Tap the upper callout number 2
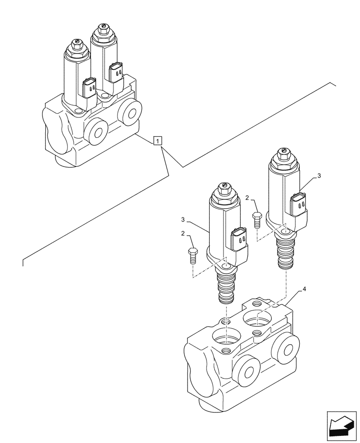pyautogui.click(x=248, y=198)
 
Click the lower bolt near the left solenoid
pyautogui.click(x=192, y=256)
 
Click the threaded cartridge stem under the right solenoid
pyautogui.click(x=286, y=253)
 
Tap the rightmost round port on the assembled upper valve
pyautogui.click(x=130, y=114)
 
